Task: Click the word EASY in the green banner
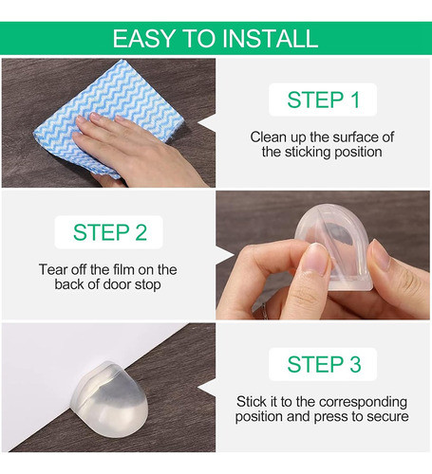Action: point(142,39)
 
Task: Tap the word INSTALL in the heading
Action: point(270,39)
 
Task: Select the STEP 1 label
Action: point(323,100)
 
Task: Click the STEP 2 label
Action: point(110,232)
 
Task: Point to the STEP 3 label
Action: point(324,364)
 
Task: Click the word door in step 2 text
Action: point(117,284)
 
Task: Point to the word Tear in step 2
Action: point(53,269)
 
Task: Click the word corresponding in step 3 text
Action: point(363,403)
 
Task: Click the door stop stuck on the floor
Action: point(110,399)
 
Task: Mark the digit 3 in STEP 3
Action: point(355,364)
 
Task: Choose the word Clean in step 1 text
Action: point(265,137)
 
